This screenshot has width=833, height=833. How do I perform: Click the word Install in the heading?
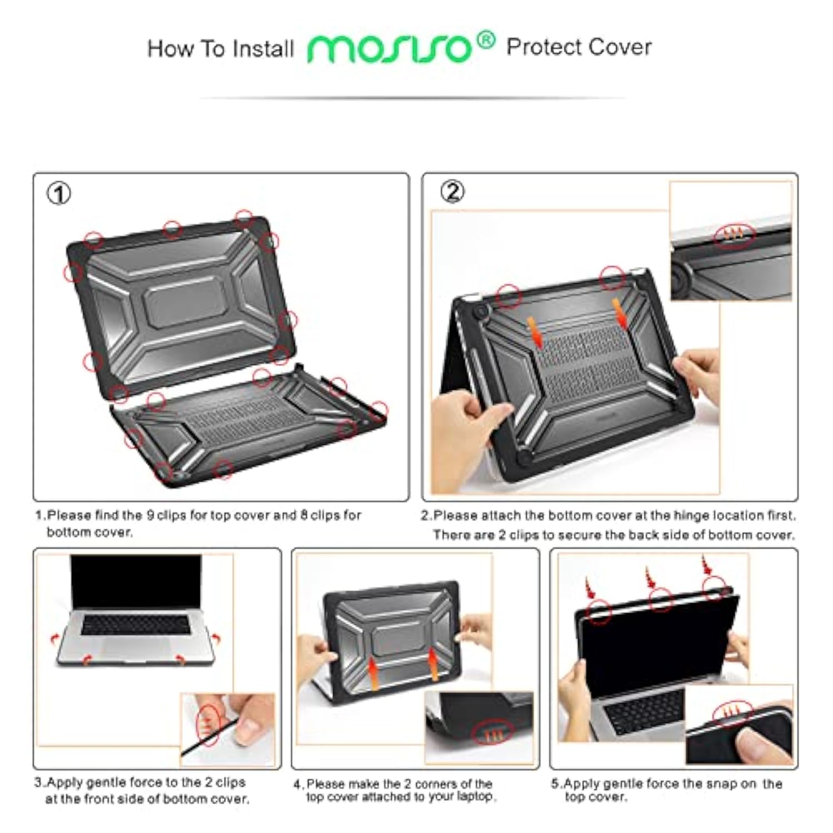point(263,49)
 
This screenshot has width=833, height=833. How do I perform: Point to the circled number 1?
point(59,194)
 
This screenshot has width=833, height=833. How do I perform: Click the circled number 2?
point(453,192)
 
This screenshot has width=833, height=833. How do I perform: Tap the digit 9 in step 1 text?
point(150,515)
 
